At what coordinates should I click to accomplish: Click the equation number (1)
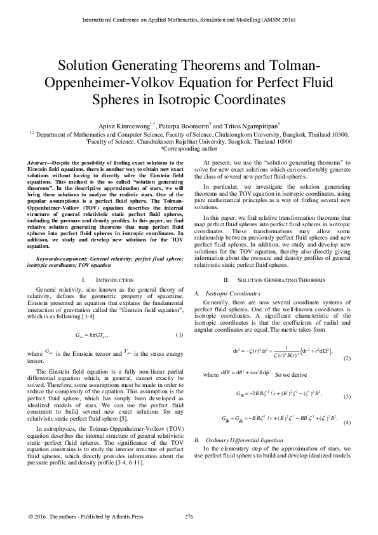tap(179, 335)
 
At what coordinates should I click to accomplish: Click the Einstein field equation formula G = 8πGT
tap(92, 334)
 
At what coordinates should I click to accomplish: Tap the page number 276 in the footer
tap(188, 514)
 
